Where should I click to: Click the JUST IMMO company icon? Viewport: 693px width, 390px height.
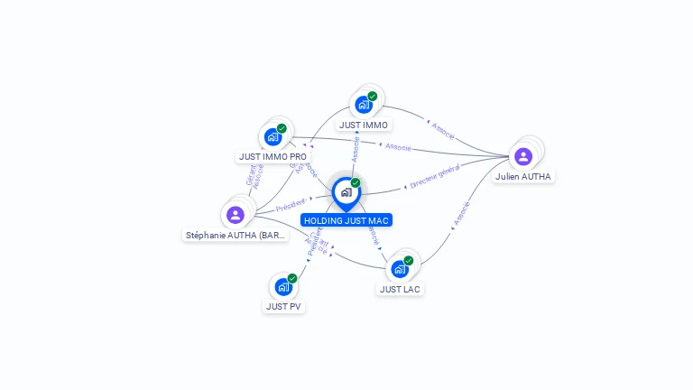[364, 105]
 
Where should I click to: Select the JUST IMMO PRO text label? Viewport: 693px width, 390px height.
[273, 156]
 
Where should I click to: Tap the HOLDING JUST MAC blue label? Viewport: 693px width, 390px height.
[346, 220]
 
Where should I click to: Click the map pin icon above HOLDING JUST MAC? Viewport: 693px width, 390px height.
[346, 192]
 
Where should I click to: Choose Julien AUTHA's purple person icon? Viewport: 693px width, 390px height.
[523, 157]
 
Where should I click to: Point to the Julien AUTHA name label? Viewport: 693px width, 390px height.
[523, 177]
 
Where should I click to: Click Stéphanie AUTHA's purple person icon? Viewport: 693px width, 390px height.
[236, 215]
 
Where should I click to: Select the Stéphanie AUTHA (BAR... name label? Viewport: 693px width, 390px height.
[236, 235]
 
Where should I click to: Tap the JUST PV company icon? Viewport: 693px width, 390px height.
[283, 287]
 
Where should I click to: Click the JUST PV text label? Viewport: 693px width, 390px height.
[283, 306]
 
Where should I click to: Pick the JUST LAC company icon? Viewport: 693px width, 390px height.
[400, 269]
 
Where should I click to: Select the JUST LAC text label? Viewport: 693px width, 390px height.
[400, 289]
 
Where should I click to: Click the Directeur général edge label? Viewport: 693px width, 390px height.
[435, 176]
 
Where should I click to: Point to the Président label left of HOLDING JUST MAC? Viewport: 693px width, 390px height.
[293, 205]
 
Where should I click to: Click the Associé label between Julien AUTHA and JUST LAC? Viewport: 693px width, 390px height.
[461, 214]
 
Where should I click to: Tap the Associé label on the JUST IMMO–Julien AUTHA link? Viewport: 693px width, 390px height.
[443, 131]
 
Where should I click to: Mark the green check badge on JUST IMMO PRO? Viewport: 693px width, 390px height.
[282, 129]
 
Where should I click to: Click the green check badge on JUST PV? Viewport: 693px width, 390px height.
[292, 278]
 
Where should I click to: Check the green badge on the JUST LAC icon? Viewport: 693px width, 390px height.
[409, 261]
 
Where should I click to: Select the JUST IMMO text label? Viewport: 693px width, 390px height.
[364, 125]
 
